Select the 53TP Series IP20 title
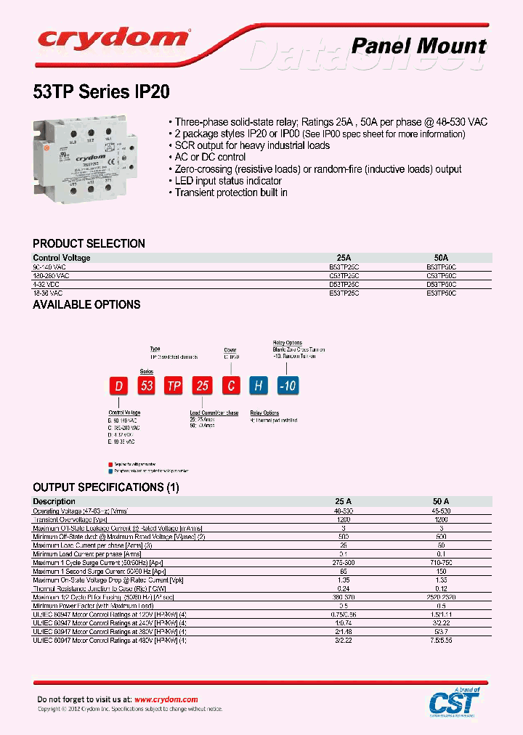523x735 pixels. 102,93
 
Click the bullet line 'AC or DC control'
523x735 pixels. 211,157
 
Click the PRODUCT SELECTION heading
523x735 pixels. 89,244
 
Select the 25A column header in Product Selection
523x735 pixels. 344,258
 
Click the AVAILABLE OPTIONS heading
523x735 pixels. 86,305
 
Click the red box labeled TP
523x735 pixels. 174,386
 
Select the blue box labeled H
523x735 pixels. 257,386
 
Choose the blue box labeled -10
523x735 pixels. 288,386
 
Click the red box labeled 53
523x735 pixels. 147,386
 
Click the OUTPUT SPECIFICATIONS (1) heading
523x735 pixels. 105,487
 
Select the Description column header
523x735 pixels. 54,501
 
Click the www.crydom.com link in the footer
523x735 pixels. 166,699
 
